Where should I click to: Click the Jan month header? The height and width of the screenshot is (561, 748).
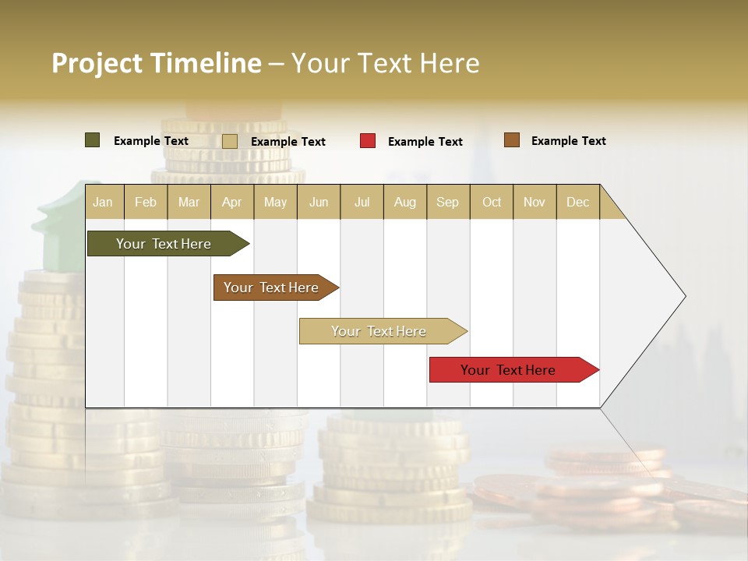coord(103,203)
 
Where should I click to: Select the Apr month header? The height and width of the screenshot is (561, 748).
coord(232,203)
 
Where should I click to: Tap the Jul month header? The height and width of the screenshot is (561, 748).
coord(362,203)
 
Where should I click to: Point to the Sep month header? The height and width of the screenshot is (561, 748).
coord(447,203)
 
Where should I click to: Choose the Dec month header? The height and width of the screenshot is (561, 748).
coord(577,203)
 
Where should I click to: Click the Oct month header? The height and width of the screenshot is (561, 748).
coord(492,203)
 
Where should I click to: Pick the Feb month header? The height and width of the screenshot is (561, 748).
coord(146,203)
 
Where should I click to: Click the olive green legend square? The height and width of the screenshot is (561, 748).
coord(92,140)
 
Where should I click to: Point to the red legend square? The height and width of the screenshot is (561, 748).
coord(368,141)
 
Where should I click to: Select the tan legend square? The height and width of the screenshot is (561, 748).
coord(229,141)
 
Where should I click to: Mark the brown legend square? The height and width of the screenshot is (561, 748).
coord(511,140)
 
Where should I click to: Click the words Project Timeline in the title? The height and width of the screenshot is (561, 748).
coord(156,63)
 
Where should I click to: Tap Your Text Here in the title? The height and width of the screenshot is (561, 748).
coord(385,63)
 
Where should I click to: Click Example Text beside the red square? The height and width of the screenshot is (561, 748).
coord(425,142)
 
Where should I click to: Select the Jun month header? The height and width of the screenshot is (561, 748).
coord(319,203)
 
